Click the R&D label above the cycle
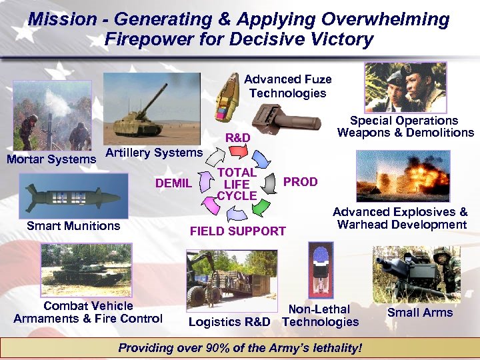pos(238,137)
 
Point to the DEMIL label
pos(173,183)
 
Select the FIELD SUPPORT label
pos(238,231)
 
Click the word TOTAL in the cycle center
pos(237,173)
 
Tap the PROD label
pos(301,182)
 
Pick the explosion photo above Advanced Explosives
pos(403,176)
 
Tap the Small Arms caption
pos(420,313)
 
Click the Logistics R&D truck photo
pos(227,279)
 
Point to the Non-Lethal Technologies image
pos(321,269)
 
